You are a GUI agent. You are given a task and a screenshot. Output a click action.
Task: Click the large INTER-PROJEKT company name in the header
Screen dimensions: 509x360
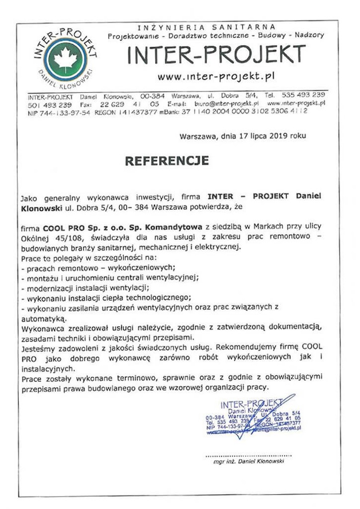[216, 55]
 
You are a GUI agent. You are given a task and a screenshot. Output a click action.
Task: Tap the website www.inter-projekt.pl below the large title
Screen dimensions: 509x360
[216, 77]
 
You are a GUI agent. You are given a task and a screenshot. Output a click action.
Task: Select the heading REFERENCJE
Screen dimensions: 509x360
[167, 161]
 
